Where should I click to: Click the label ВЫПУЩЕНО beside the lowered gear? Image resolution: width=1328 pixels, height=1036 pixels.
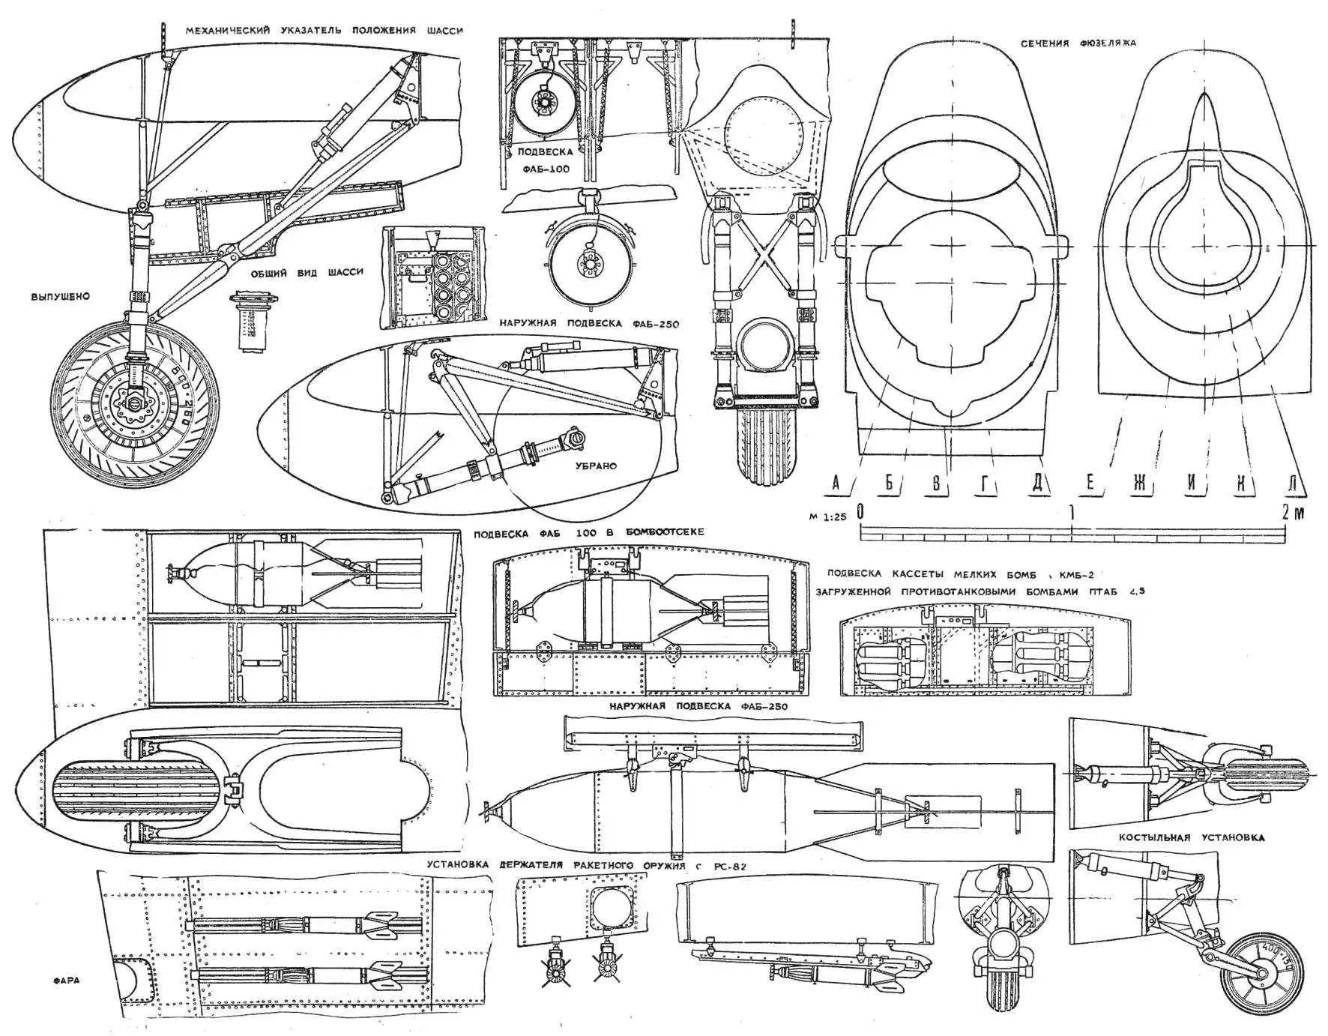pos(60,296)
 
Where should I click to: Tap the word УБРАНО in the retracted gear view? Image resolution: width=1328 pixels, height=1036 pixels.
pos(596,466)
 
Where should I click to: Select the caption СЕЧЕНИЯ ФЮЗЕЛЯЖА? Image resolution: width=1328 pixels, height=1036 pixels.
pos(1078,43)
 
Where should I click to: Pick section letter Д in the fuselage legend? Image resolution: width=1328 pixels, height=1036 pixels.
pos(1038,484)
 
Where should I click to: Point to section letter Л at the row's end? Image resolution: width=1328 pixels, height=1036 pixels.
pos(1291,484)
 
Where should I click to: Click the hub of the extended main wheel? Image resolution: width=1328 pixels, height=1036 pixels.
pos(133,407)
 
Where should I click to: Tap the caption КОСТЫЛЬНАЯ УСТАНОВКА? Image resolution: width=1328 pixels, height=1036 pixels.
pos(1192,837)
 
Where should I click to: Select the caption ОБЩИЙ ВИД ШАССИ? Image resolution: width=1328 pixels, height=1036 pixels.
pos(306,271)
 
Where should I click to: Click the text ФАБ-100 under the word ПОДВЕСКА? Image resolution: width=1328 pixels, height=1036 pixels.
pos(544,169)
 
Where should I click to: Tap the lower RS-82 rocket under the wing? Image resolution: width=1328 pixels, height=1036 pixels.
pos(300,976)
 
